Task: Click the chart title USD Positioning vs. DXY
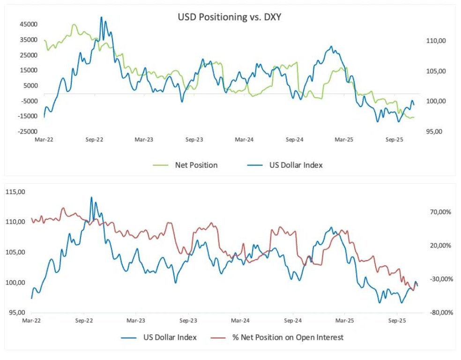(229, 18)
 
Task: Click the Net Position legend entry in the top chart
(196, 165)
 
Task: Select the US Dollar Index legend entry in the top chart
(296, 165)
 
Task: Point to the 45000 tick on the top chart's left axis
(28, 24)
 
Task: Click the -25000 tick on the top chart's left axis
(27, 131)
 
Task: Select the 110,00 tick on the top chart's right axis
(436, 41)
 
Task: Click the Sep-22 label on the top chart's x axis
(95, 140)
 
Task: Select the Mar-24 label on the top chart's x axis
(244, 140)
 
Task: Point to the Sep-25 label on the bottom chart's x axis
(397, 321)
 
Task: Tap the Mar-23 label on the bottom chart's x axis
(136, 321)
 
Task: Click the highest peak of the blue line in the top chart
(101, 17)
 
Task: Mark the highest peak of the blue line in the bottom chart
(91, 197)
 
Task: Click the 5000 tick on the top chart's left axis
(30, 85)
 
